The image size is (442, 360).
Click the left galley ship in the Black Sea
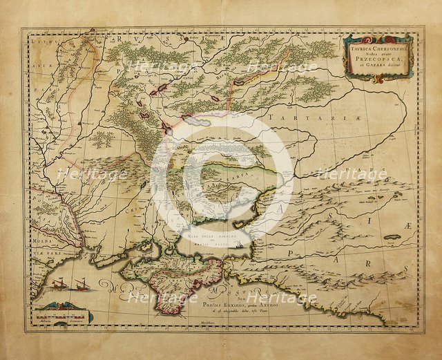[58, 283]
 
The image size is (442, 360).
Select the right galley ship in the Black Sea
[82, 283]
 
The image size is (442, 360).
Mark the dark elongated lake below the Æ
[394, 237]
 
